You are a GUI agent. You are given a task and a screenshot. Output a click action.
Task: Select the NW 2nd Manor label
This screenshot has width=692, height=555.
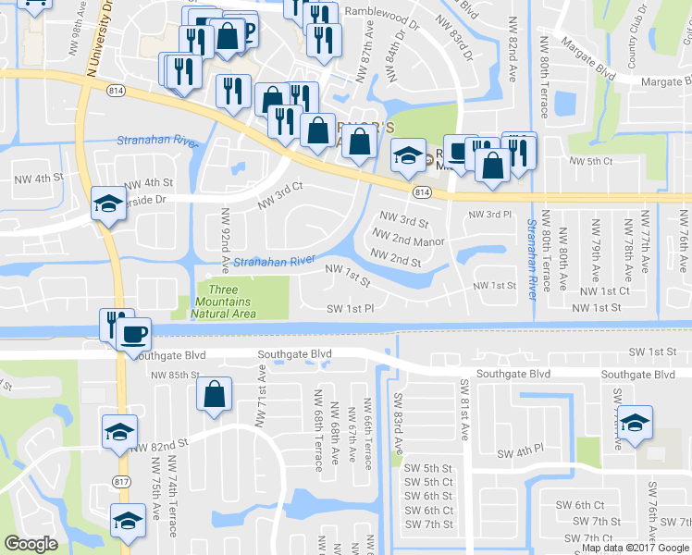407,241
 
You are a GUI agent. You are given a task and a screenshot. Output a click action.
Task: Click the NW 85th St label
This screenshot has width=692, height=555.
177,375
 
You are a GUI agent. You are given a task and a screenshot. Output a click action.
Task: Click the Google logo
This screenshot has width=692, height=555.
31,544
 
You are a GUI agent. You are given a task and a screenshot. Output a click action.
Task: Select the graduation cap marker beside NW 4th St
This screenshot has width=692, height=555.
108,204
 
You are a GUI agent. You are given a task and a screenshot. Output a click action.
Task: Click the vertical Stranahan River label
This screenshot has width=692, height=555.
532,258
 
